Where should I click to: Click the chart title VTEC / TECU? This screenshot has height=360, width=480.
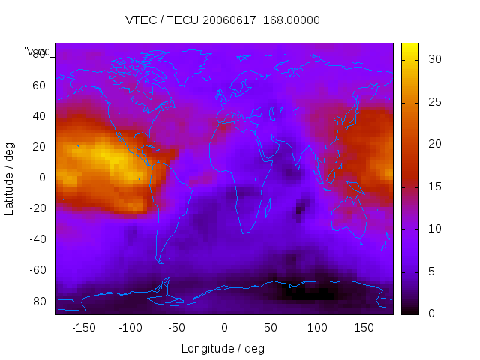pos(222,20)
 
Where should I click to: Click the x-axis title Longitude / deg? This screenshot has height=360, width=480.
pos(223,349)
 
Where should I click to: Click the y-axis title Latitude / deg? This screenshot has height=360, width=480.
pos(10,178)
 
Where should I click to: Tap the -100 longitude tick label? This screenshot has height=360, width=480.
pos(130,328)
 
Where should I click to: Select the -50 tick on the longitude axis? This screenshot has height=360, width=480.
pos(176,328)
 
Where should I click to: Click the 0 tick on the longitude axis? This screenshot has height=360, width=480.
pos(224,328)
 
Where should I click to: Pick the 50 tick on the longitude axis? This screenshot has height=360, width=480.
pos(271,328)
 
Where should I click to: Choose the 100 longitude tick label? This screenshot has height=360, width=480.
pos(317,328)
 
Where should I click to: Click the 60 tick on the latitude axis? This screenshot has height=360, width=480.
pos(38,85)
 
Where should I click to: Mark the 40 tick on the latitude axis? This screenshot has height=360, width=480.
pos(38,116)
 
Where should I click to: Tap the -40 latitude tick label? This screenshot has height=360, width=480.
pos(36,239)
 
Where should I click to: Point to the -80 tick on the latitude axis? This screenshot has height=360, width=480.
pos(36,301)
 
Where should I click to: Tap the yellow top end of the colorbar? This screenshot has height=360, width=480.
pos(409,48)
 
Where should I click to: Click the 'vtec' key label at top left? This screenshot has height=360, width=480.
pos(37,52)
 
